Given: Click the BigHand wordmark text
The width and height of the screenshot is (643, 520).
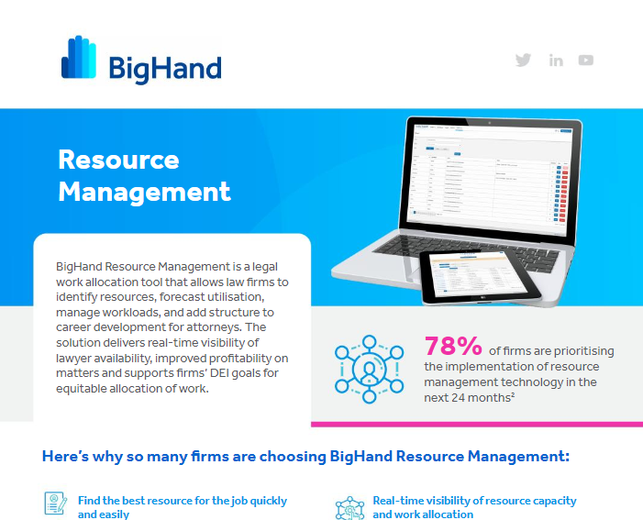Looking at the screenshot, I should click(x=165, y=69).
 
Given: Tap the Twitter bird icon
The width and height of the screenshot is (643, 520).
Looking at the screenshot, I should click(x=523, y=61).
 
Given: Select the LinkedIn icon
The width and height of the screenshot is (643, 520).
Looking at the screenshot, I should click(x=556, y=61).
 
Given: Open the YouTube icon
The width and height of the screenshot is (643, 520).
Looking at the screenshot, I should click(x=586, y=61).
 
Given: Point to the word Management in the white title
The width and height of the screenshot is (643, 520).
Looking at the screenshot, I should click(x=144, y=192).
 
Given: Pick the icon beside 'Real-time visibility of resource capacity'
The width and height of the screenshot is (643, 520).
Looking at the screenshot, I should click(x=349, y=507).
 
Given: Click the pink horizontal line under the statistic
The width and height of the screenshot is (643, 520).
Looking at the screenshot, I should click(x=476, y=424).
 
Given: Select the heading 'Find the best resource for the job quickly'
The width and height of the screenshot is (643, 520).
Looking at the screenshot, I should click(x=183, y=501).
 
